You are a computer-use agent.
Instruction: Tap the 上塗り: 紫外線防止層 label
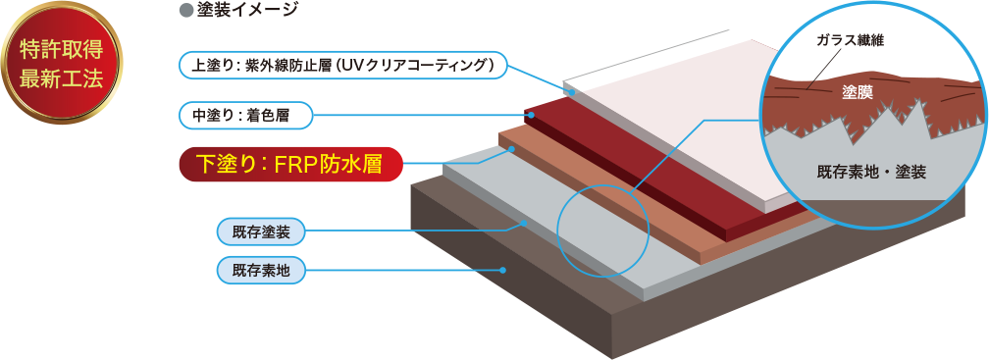tap(343, 66)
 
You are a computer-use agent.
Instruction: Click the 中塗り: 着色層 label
tap(246, 117)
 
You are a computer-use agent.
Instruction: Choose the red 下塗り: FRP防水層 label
tap(290, 164)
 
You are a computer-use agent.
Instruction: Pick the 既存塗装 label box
tap(261, 232)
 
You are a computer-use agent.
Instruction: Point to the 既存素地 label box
tap(261, 269)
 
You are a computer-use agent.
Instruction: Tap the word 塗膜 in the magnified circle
tap(858, 93)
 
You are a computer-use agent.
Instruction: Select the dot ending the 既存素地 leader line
tap(502, 270)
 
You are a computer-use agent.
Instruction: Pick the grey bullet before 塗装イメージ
tap(184, 10)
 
